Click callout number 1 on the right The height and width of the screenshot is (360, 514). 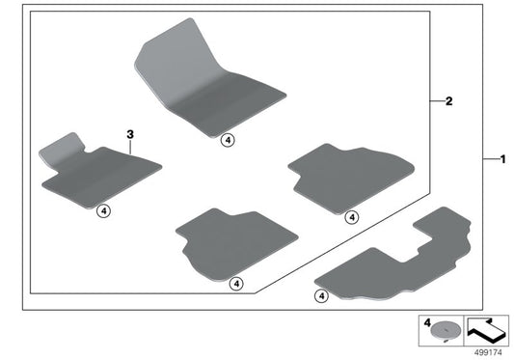pyautogui.click(x=500, y=157)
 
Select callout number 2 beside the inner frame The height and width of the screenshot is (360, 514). pyautogui.click(x=448, y=99)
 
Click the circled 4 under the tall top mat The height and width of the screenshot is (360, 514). pyautogui.click(x=226, y=139)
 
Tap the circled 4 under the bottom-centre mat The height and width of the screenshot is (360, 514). pyautogui.click(x=235, y=283)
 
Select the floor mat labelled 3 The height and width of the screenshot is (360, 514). pyautogui.click(x=96, y=175)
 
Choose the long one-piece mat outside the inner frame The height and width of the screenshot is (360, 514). pyautogui.click(x=395, y=262)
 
